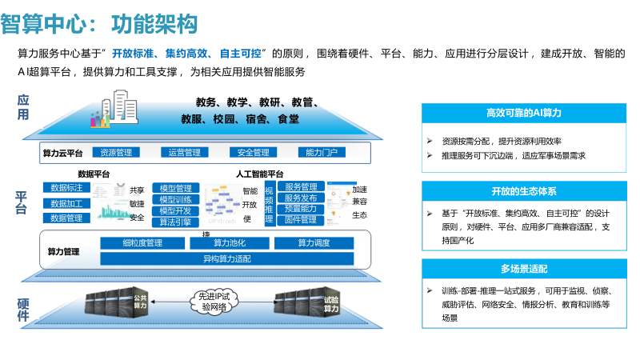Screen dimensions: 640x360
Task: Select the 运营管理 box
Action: tap(185, 152)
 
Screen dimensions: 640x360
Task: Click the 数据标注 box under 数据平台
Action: tap(66, 188)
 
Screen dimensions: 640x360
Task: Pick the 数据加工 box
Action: tap(66, 203)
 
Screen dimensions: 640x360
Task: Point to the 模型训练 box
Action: tap(175, 199)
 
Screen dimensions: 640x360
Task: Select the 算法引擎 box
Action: tap(175, 222)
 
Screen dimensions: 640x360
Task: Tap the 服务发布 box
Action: tap(301, 198)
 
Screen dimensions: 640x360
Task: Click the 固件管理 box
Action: tap(301, 219)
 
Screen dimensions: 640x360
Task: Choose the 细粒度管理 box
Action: tap(142, 243)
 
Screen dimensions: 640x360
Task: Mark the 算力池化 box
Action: tap(229, 243)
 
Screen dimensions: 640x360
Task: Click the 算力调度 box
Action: tap(314, 243)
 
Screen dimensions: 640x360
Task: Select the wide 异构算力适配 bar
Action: tap(227, 258)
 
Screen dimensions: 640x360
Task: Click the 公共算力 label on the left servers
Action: tap(140, 301)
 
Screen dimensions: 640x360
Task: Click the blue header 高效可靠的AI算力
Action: tap(523, 113)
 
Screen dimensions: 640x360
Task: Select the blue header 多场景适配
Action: tap(523, 269)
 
